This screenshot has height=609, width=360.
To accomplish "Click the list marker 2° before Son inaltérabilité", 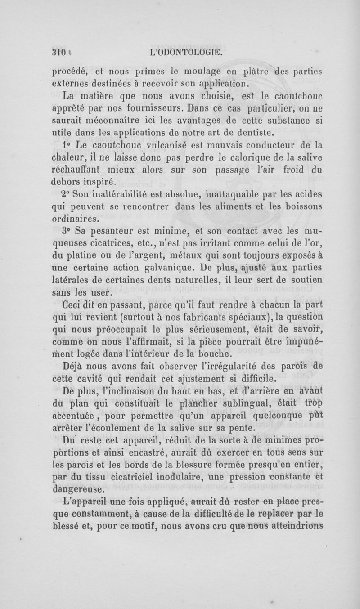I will click(67, 196).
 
